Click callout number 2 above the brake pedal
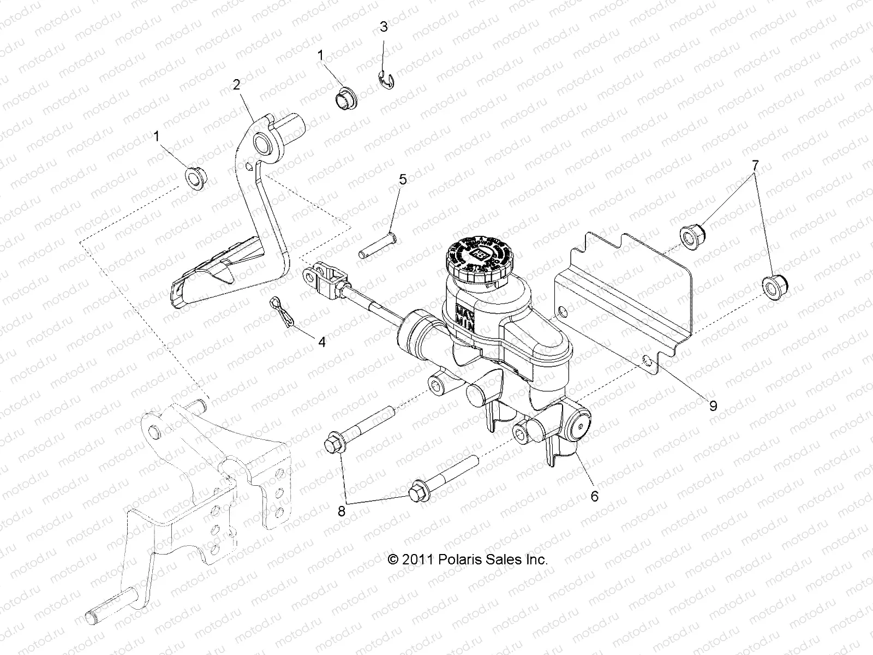pyautogui.click(x=236, y=85)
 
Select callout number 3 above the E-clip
pyautogui.click(x=384, y=27)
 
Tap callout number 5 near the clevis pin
pyautogui.click(x=403, y=179)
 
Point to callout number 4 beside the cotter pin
pyautogui.click(x=321, y=342)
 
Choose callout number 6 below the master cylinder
pyautogui.click(x=595, y=496)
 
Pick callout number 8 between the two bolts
pyautogui.click(x=342, y=511)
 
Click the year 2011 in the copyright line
pyautogui.click(x=418, y=559)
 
